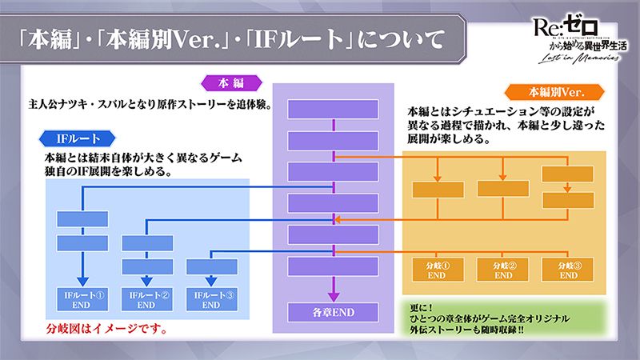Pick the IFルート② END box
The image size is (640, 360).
pyautogui.click(x=147, y=298)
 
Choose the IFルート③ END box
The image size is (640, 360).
pyautogui.click(x=211, y=298)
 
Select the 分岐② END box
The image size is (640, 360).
pyautogui.click(x=503, y=270)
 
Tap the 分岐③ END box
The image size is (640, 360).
pyautogui.click(x=568, y=270)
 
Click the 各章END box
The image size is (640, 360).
pyautogui.click(x=333, y=310)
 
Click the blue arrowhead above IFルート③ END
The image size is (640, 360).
pyautogui.click(x=211, y=280)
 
